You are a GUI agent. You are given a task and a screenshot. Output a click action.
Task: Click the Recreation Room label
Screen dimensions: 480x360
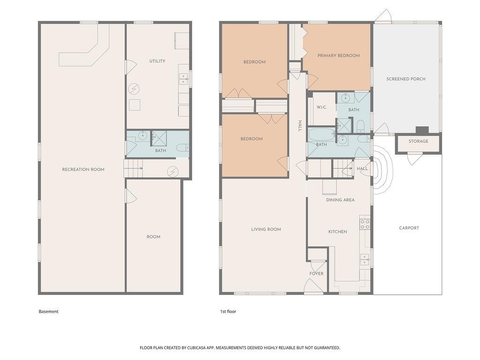pyautogui.click(x=83, y=169)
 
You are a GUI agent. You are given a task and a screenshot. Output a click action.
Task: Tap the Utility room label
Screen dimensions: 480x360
pyautogui.click(x=157, y=61)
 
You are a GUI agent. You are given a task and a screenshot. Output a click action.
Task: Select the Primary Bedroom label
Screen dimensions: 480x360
pyautogui.click(x=338, y=55)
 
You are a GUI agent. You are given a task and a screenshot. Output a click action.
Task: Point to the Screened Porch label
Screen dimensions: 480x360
pyautogui.click(x=406, y=79)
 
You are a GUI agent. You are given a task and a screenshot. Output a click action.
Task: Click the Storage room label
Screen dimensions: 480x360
pyautogui.click(x=419, y=141)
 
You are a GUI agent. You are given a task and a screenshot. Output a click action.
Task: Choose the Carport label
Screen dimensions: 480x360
pyautogui.click(x=409, y=228)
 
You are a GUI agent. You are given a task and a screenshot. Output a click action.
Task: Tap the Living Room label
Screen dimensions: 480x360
pyautogui.click(x=266, y=229)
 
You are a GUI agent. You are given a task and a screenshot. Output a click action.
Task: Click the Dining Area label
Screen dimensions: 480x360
pyautogui.click(x=340, y=200)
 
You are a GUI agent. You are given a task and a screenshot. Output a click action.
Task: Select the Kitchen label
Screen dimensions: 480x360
pyautogui.click(x=337, y=232)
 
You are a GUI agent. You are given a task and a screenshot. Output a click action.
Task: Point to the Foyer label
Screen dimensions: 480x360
pyautogui.click(x=316, y=273)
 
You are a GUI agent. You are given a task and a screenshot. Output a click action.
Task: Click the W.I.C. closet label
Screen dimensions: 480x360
pyautogui.click(x=322, y=107)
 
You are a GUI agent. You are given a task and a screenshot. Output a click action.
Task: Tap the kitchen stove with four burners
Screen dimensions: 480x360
pyautogui.click(x=365, y=225)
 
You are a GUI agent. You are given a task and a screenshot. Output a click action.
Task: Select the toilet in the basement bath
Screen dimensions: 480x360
pyautogui.click(x=182, y=148)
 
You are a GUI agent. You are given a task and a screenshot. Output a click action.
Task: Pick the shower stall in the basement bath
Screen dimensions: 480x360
pyautogui.click(x=159, y=138)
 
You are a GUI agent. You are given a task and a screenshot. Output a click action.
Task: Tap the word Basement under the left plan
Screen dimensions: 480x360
pyautogui.click(x=48, y=311)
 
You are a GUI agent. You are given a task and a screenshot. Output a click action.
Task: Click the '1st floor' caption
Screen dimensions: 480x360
pyautogui.click(x=228, y=311)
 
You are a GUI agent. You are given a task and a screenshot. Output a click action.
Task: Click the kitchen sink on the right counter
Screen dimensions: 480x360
pyautogui.click(x=364, y=260)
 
